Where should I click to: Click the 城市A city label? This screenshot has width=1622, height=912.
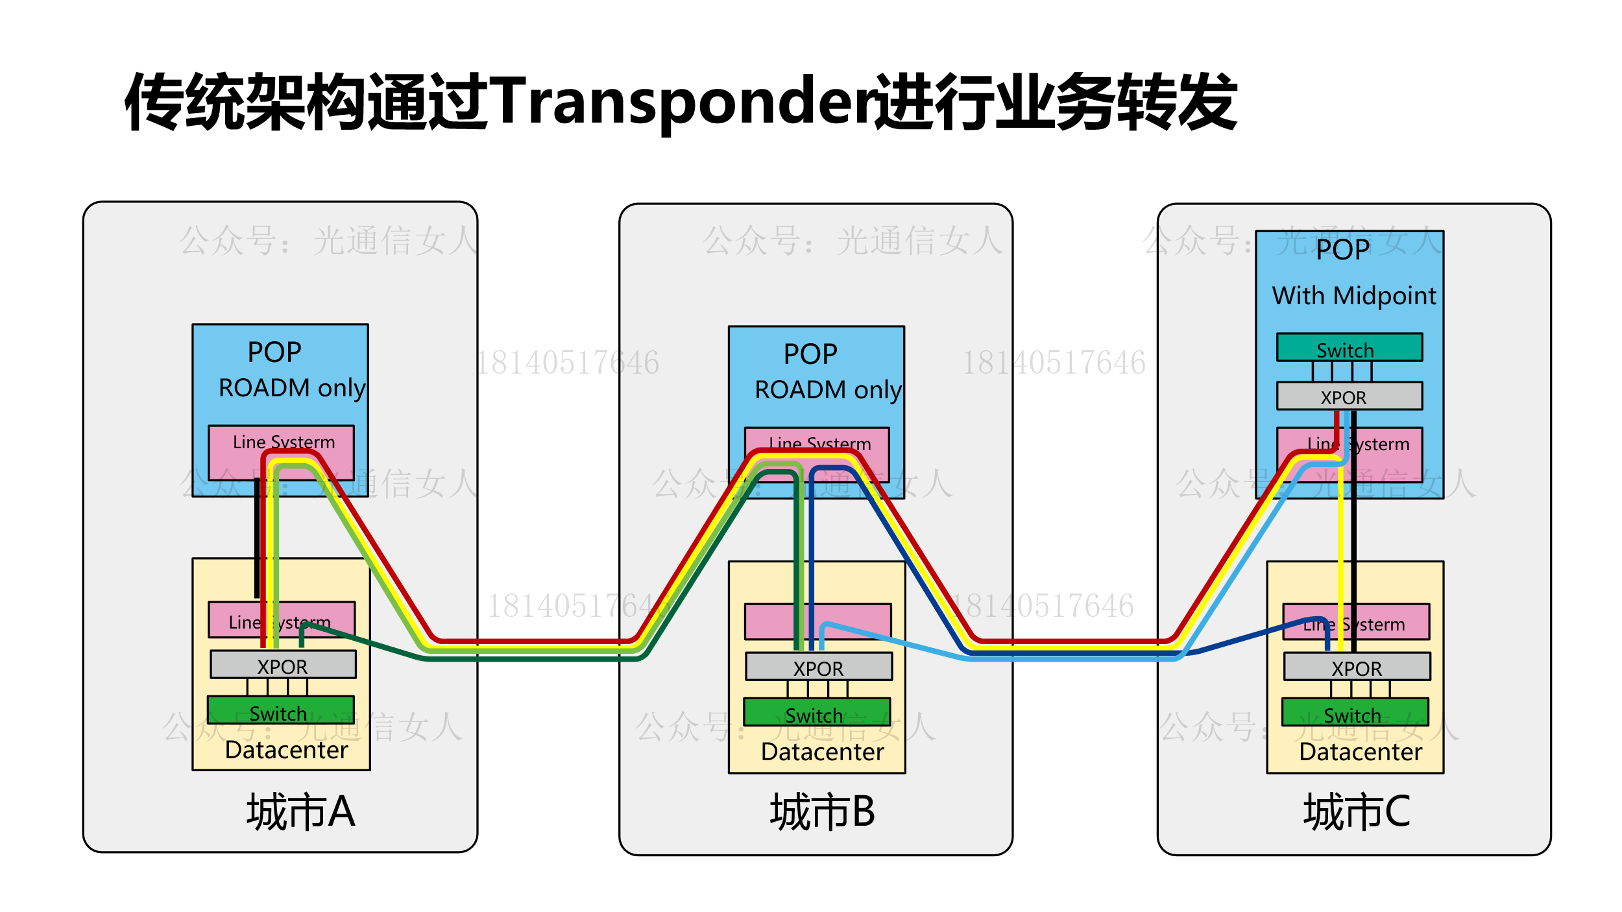coord(300,811)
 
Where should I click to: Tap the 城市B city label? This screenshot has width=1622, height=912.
coord(822,811)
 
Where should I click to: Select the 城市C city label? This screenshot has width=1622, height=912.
coord(1357,811)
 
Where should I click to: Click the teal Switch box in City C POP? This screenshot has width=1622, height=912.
coord(1350,347)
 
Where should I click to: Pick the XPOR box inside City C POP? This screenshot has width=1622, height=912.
coord(1350,396)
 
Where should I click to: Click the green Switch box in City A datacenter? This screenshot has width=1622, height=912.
coord(280,710)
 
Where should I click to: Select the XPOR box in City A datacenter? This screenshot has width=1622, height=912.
coord(283,665)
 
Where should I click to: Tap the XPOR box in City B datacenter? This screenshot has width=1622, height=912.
coord(818,667)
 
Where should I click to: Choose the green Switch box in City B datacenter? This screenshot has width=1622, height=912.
coord(817,712)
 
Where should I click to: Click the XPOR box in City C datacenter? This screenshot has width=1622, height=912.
coord(1357,667)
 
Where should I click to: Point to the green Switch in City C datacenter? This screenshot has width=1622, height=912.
coord(1355,712)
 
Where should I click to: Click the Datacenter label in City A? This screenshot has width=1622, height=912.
coord(286,750)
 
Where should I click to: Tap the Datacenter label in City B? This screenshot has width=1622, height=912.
coord(822,752)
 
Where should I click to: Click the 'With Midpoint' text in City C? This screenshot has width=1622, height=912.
coord(1354,296)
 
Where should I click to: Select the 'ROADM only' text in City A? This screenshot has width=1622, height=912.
coord(292,388)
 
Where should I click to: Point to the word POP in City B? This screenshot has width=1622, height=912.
coord(810,354)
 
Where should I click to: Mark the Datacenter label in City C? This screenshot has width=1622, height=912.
coord(1361,752)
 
